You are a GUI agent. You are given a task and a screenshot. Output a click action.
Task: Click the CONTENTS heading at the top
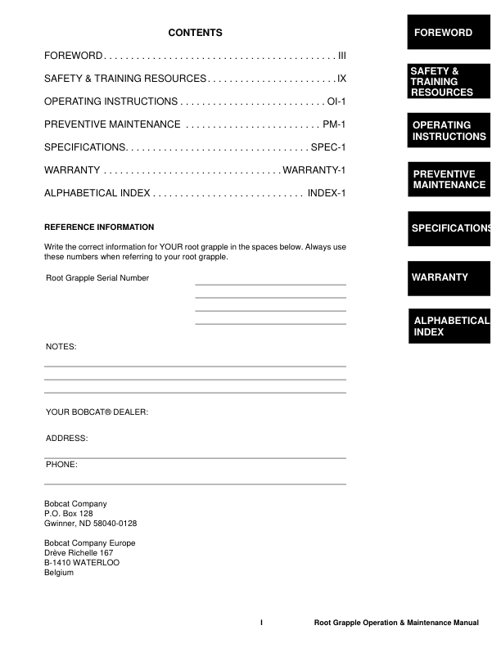point(195,33)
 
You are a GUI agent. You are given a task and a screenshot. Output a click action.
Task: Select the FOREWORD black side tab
point(449,33)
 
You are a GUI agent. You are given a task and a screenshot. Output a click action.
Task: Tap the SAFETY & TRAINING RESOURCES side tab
point(449,82)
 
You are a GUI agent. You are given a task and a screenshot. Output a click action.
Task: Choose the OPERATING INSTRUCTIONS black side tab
point(449,131)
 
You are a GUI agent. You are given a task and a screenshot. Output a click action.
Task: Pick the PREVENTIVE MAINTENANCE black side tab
point(449,179)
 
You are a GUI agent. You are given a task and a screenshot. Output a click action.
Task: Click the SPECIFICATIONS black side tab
point(449,228)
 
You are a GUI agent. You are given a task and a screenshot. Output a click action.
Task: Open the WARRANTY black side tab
point(449,277)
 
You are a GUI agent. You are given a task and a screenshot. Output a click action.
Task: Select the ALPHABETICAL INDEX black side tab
point(449,326)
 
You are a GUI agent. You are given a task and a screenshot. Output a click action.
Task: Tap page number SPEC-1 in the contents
point(329,147)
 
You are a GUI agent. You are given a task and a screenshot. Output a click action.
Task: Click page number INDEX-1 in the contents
point(327,193)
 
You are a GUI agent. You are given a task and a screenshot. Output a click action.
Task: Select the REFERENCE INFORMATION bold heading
point(99,227)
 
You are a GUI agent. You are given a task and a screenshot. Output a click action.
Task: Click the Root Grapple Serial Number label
point(97,278)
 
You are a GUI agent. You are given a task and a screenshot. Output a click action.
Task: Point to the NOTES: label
point(61,347)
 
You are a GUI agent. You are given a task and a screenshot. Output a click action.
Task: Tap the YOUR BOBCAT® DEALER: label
point(97,412)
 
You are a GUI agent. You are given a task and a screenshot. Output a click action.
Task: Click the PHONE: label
point(62,465)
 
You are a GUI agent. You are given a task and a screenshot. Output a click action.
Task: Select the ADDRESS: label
point(66,439)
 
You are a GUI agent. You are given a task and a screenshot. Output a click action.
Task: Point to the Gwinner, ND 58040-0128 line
point(90,524)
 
